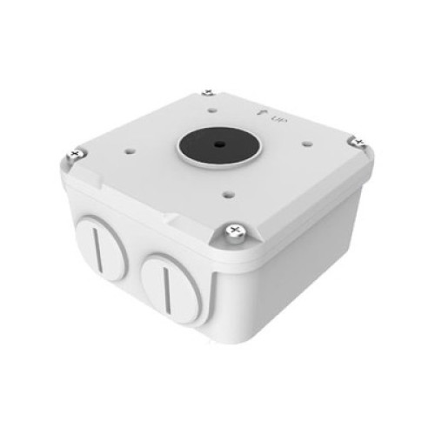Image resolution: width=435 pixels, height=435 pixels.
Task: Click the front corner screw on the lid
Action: coord(236,233)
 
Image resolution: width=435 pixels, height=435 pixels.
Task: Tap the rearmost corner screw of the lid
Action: coord(208,93)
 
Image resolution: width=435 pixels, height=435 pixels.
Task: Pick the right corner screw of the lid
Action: coord(358,143)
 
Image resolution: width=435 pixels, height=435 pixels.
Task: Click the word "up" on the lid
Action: coord(279,118)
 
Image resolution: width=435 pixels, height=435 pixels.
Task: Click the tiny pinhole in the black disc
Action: coord(218,144)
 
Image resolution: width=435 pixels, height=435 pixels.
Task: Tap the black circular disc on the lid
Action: coord(218,145)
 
